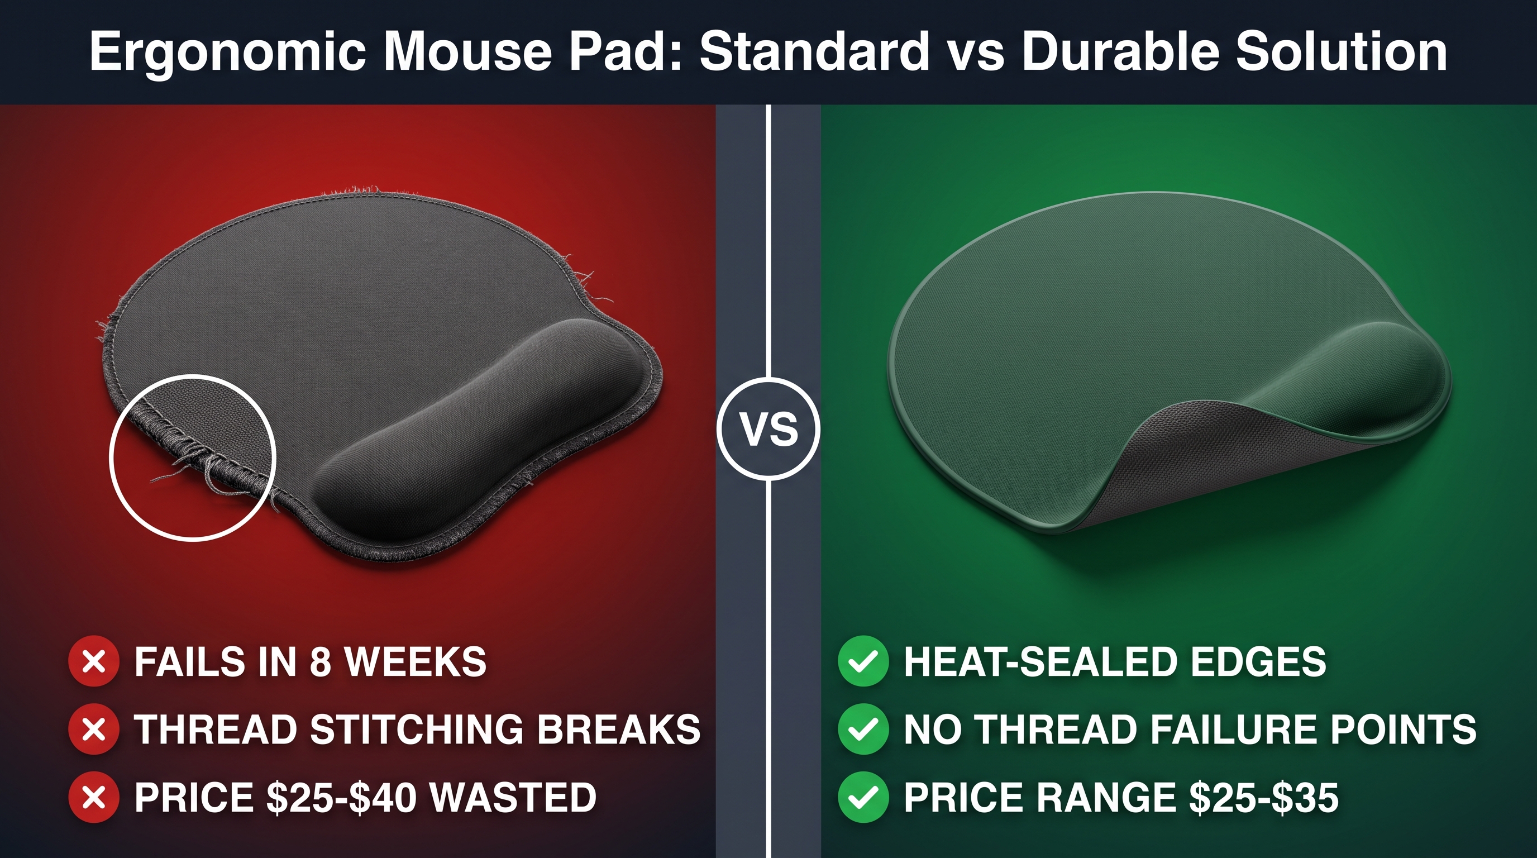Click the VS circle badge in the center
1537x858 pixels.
(x=768, y=428)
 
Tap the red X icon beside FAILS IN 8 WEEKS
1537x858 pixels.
(x=94, y=661)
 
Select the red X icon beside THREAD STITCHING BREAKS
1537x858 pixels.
(x=94, y=728)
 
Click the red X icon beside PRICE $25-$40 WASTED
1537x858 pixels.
(x=94, y=797)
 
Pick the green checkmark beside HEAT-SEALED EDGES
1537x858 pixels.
(x=863, y=661)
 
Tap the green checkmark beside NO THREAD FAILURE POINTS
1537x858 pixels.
(x=863, y=728)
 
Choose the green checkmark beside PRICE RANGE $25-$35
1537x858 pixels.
(x=863, y=797)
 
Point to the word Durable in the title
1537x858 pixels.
(x=1120, y=51)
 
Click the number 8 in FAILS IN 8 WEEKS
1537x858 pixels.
(x=321, y=662)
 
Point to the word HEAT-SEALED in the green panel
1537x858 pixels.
(x=1039, y=662)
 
